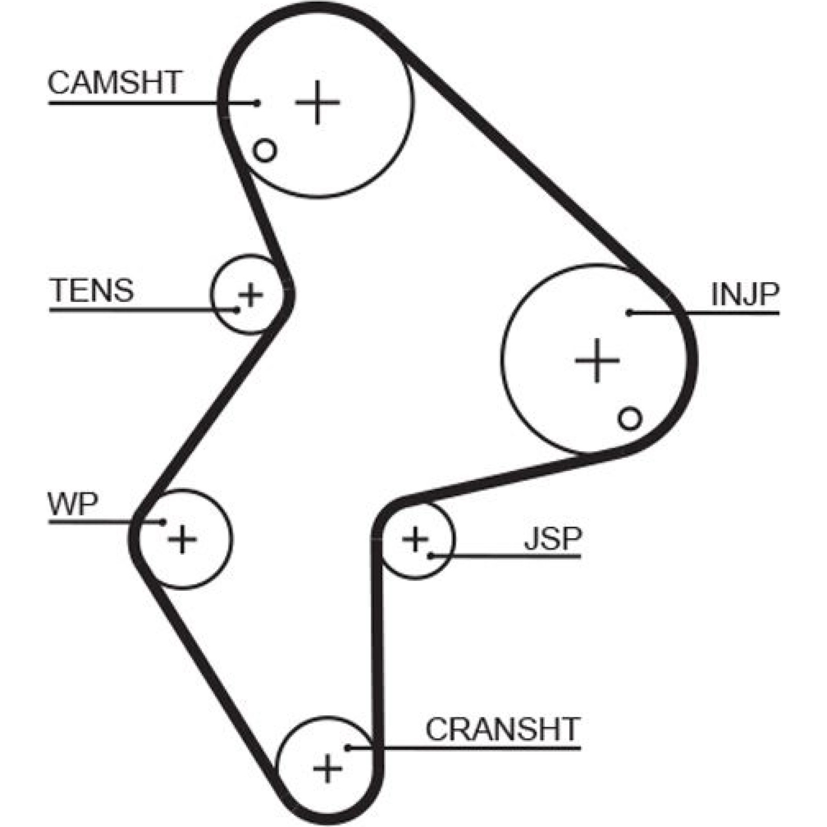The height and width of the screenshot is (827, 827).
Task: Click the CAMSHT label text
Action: pyautogui.click(x=114, y=82)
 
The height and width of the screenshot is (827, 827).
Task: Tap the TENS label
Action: pyautogui.click(x=93, y=290)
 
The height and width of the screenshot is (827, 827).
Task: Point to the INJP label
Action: pyautogui.click(x=745, y=294)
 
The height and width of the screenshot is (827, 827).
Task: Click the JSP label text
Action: pyautogui.click(x=553, y=539)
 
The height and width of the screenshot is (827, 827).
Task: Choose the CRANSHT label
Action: pyautogui.click(x=502, y=729)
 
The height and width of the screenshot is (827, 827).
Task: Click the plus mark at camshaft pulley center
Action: pyautogui.click(x=317, y=102)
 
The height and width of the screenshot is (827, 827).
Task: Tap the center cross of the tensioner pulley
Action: pyautogui.click(x=251, y=295)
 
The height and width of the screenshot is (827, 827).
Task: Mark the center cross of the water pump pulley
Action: pyautogui.click(x=182, y=539)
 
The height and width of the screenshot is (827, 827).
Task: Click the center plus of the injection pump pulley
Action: pyautogui.click(x=597, y=360)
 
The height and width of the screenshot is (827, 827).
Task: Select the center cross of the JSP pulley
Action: pyautogui.click(x=415, y=539)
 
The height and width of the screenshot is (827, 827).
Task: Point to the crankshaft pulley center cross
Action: pyautogui.click(x=328, y=769)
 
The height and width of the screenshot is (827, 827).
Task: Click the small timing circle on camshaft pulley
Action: pyautogui.click(x=265, y=150)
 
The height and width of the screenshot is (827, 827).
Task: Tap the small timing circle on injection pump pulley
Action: pyautogui.click(x=630, y=418)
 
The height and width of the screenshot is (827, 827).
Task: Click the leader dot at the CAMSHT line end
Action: pyautogui.click(x=257, y=103)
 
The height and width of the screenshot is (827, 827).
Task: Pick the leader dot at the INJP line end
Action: pyautogui.click(x=629, y=313)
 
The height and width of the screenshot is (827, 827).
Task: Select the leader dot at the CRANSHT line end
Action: pyautogui.click(x=348, y=747)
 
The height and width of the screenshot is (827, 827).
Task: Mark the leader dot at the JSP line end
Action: pyautogui.click(x=431, y=556)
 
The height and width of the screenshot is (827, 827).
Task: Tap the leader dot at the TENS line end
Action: pyautogui.click(x=237, y=310)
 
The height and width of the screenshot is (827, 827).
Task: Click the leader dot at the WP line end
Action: pyautogui.click(x=163, y=522)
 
